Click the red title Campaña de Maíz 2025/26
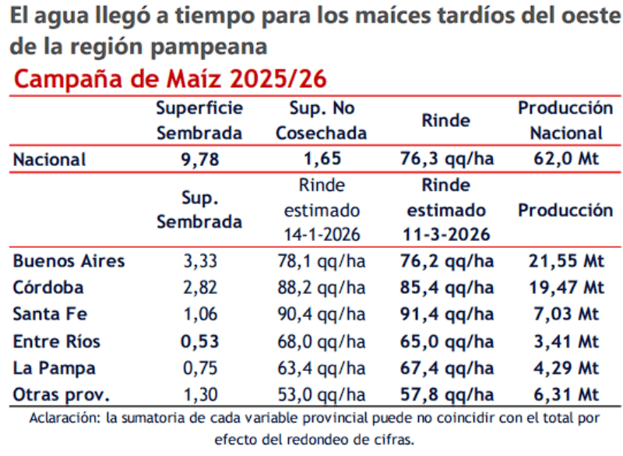(x=170, y=79)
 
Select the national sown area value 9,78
(x=199, y=160)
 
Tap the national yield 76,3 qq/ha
(x=445, y=160)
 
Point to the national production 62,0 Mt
(x=566, y=160)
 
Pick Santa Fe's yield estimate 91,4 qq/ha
(x=445, y=314)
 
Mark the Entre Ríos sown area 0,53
(x=199, y=341)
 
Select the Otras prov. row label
(x=62, y=395)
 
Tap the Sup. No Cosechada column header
(x=322, y=120)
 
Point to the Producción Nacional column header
(x=566, y=120)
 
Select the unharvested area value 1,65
(x=322, y=160)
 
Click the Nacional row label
(x=49, y=160)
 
